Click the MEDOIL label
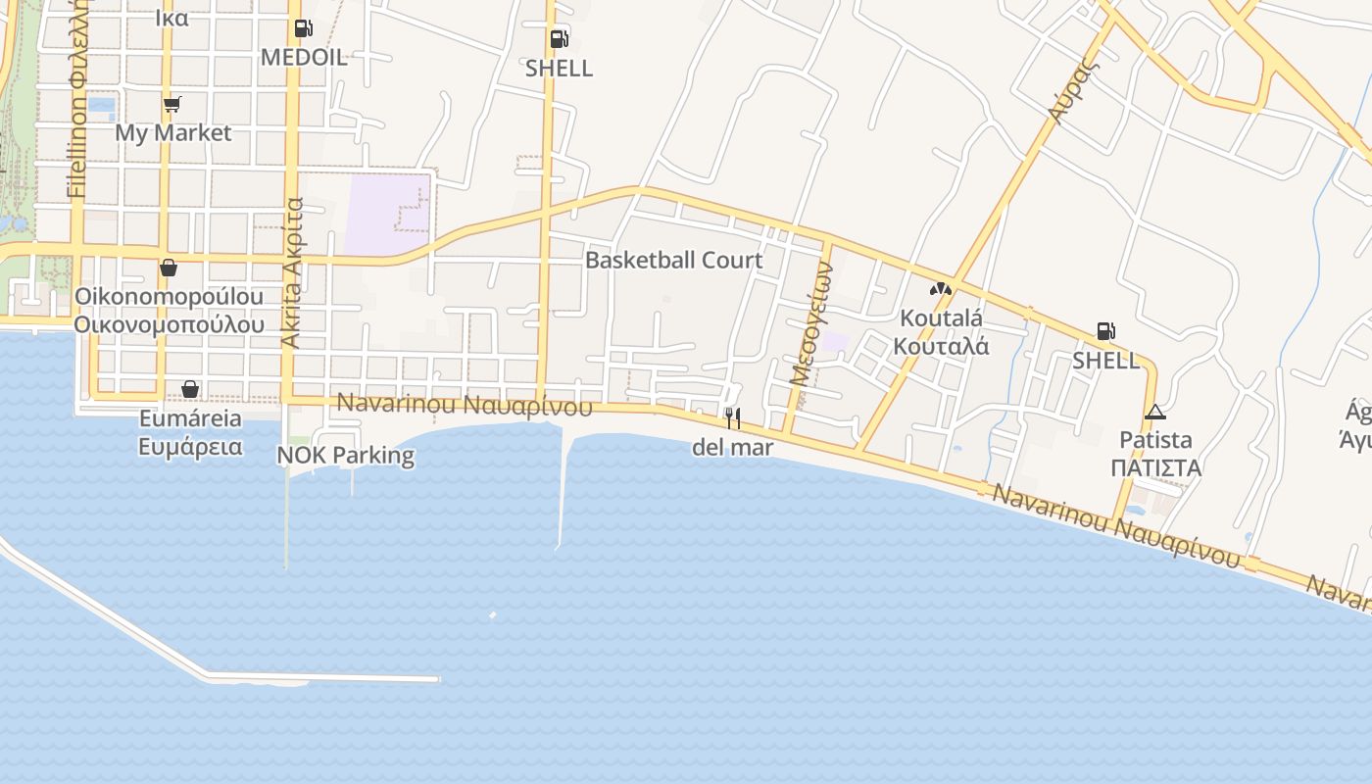[304, 58]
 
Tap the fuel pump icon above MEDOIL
[304, 29]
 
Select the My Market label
[173, 132]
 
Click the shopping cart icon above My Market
[171, 104]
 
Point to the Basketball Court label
[673, 260]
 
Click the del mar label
[733, 448]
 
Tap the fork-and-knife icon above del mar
[732, 418]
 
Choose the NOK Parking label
[345, 456]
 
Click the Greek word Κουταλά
[941, 346]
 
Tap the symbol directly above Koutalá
[941, 289]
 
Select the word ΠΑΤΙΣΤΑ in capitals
[1156, 468]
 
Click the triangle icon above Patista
[1155, 412]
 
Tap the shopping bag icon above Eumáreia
[190, 390]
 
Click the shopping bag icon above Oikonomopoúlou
[169, 268]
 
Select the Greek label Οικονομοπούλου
[170, 324]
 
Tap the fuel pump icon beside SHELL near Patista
[1105, 331]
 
